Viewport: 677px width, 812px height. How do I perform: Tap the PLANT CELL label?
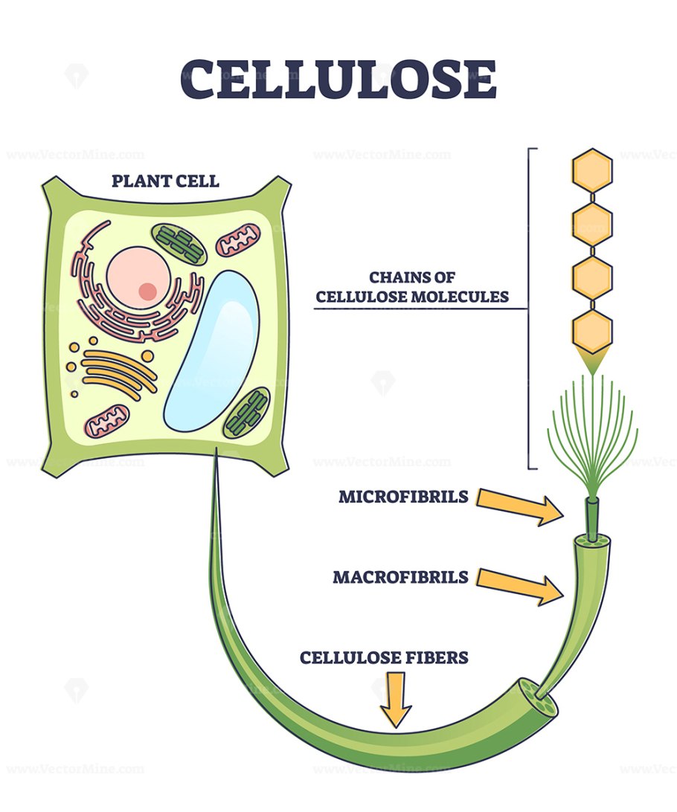click(165, 181)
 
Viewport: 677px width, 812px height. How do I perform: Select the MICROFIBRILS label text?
click(403, 496)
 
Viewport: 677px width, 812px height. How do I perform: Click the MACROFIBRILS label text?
click(400, 577)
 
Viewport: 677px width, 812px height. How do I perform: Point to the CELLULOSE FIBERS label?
click(384, 657)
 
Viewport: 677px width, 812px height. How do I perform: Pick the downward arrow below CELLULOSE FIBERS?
click(395, 699)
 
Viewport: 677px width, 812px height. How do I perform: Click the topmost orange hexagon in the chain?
click(592, 170)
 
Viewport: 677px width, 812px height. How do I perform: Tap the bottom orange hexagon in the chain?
click(592, 332)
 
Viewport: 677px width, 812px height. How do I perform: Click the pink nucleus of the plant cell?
click(138, 277)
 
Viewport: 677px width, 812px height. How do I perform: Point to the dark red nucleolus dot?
click(148, 291)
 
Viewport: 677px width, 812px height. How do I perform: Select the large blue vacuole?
click(212, 349)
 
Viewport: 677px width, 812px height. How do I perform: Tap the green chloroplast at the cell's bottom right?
click(248, 412)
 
